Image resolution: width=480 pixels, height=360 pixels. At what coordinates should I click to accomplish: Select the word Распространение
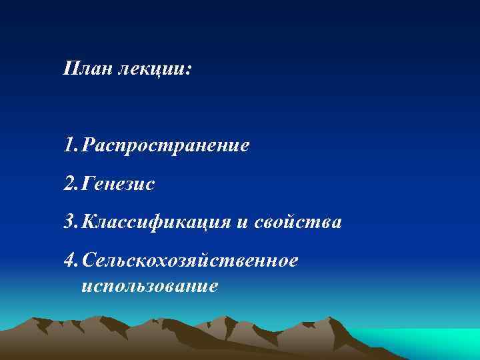[167, 145]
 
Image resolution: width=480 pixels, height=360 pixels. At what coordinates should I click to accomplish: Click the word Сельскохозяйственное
[189, 260]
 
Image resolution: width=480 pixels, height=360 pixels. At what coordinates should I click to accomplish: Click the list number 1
[69, 145]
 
